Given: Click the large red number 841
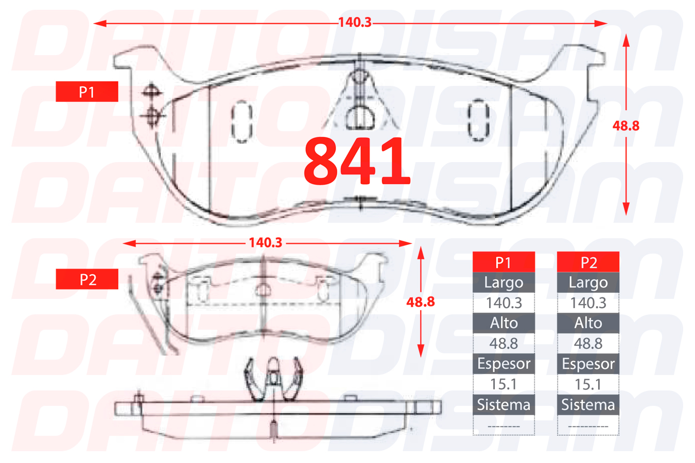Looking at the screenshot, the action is click(x=357, y=161).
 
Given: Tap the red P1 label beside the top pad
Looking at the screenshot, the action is click(x=87, y=92).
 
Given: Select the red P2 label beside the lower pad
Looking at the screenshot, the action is click(x=87, y=279).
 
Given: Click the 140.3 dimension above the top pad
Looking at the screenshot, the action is click(x=355, y=23).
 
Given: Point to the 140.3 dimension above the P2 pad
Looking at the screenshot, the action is click(x=266, y=243).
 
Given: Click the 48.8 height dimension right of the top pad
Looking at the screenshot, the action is click(x=626, y=126).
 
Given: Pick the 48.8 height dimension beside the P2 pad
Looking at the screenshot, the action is click(x=421, y=302).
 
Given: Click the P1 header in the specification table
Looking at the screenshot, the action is click(x=503, y=262).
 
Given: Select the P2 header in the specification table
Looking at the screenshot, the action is click(x=588, y=262).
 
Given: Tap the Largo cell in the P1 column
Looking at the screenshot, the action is click(x=503, y=282).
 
